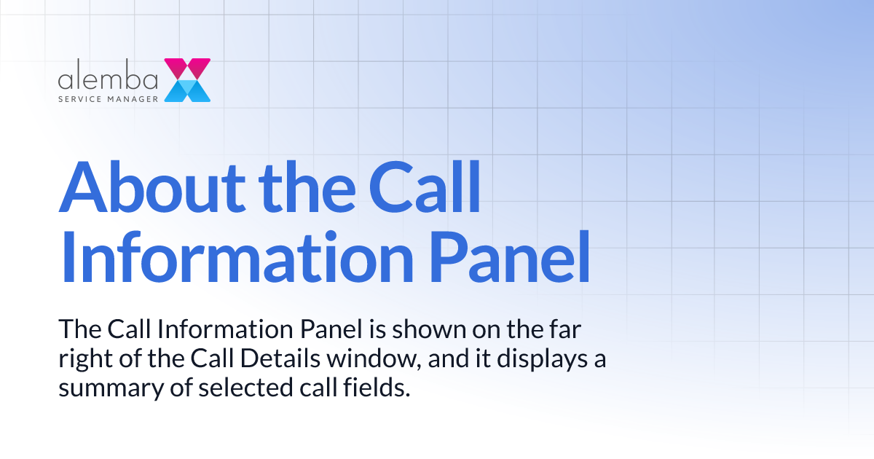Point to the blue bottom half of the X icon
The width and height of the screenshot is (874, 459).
point(187,90)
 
